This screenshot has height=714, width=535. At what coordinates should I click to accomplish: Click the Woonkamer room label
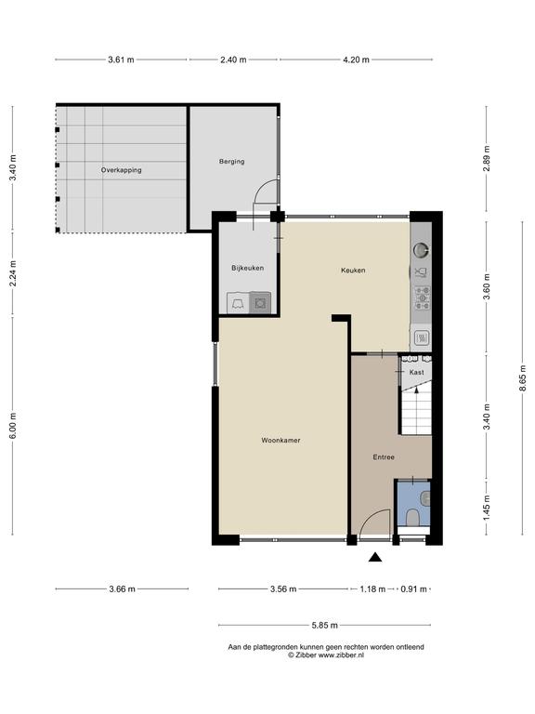pos(281,441)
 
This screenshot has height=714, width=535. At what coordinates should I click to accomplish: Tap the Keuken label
pos(353,270)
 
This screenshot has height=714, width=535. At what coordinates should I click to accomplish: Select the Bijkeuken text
pos(247,268)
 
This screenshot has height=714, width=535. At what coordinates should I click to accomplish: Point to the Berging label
pos(231,161)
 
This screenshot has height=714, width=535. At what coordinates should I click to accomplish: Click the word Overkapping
pos(121,170)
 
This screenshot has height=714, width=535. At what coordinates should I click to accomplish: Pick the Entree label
pos(384,457)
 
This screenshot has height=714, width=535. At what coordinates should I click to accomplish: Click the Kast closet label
pos(417,372)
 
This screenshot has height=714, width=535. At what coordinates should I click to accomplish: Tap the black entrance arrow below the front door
pos(375,557)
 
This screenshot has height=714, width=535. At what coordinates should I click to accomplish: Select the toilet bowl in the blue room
pos(412,517)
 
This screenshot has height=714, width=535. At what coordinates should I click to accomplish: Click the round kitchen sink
pos(421,249)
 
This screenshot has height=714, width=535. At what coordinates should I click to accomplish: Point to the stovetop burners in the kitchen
pos(423,298)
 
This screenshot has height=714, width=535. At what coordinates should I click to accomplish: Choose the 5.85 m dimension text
pos(325,625)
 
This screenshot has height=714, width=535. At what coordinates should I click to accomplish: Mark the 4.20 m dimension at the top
pos(356,59)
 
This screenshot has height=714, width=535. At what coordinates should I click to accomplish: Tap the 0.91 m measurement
pos(413,589)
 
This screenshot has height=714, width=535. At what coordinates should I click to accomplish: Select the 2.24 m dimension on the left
pos(13,273)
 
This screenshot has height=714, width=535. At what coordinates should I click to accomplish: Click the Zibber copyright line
pos(320,655)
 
